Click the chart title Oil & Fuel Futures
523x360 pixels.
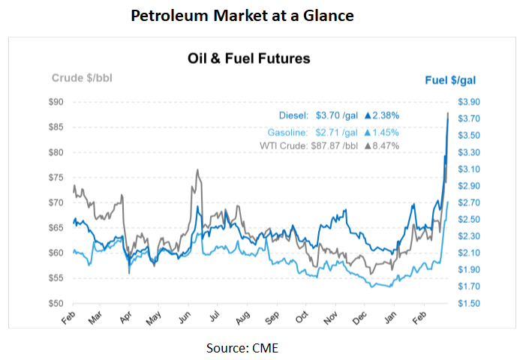tap(248, 58)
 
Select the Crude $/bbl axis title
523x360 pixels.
tap(82, 78)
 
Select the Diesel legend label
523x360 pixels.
tap(293, 116)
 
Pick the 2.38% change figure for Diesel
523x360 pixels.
tap(385, 116)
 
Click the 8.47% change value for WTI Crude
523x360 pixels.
tap(385, 145)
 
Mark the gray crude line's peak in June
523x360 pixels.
tap(197, 170)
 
